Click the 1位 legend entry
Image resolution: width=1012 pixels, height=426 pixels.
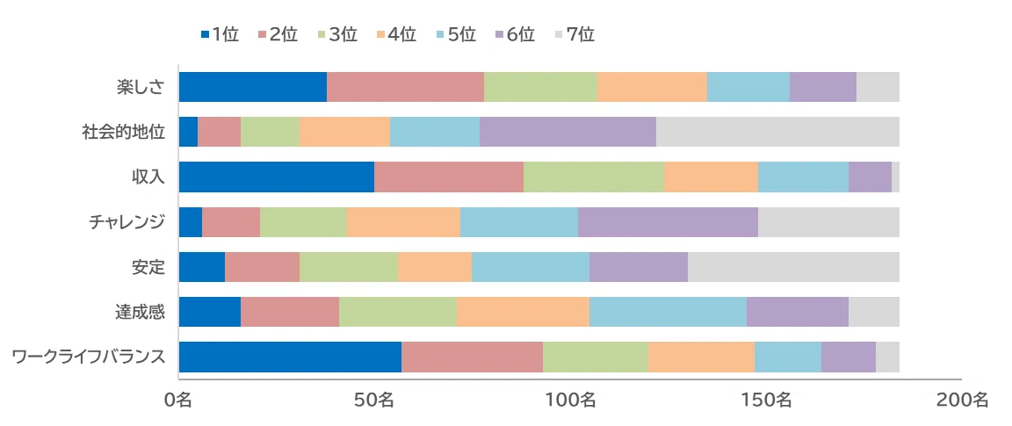(220, 34)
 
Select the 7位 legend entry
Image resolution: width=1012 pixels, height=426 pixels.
(575, 34)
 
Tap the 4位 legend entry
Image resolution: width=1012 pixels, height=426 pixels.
(396, 34)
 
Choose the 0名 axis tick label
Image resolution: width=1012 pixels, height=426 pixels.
(178, 400)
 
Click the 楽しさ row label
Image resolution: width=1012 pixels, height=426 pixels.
(141, 87)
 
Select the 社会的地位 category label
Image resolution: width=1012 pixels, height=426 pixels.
(124, 132)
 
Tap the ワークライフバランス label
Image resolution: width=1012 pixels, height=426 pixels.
(89, 357)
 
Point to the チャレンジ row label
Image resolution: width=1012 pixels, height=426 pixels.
(127, 222)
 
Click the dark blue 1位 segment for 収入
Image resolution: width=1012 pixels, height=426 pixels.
(276, 177)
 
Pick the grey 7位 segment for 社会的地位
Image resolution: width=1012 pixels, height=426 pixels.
(777, 132)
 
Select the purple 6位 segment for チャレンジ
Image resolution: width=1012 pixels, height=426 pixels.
(668, 222)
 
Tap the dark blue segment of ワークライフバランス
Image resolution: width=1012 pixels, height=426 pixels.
(290, 357)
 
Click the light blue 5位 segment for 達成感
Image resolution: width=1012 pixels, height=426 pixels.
(668, 312)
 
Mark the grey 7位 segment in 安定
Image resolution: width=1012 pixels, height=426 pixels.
(793, 267)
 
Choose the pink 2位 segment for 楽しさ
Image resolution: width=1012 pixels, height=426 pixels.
(405, 87)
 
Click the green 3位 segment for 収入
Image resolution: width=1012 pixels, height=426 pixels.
(594, 177)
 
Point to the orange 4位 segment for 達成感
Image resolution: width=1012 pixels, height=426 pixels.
(523, 312)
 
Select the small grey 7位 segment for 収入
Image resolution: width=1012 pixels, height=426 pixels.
(895, 177)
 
